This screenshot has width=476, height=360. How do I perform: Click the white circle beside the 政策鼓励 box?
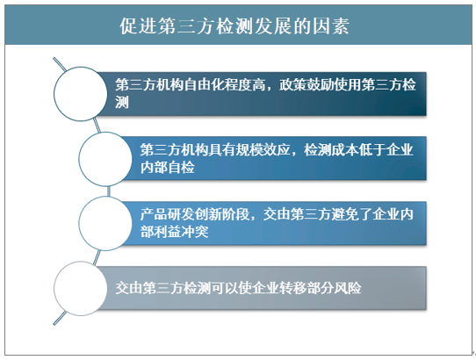(x=81, y=94)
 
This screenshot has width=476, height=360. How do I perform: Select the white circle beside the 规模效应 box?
(x=105, y=159)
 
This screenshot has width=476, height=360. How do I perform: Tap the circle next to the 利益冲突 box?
(x=105, y=223)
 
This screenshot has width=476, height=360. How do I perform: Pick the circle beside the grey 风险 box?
(x=81, y=288)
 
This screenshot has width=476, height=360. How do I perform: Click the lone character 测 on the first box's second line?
(x=122, y=102)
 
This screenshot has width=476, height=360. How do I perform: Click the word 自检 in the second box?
(x=181, y=167)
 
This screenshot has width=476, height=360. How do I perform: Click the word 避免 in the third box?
(x=345, y=214)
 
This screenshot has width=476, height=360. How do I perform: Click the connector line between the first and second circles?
(x=97, y=126)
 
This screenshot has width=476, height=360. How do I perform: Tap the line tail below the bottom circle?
(x=60, y=318)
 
